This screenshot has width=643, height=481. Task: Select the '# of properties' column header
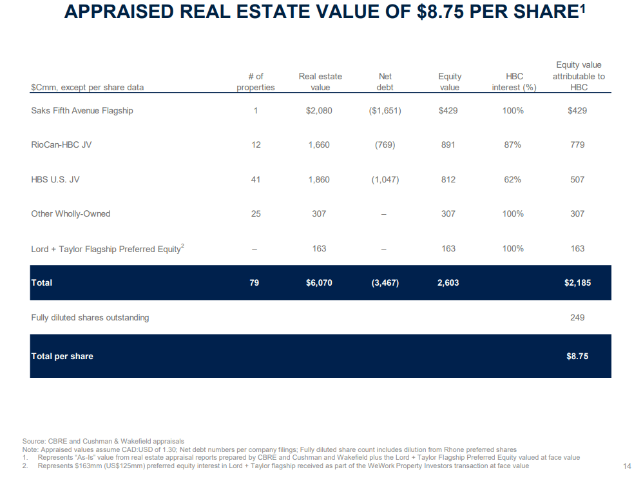256,82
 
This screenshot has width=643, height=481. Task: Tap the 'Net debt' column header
385,82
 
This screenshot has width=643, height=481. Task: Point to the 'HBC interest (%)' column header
513,82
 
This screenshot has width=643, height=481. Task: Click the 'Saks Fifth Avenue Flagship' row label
82,110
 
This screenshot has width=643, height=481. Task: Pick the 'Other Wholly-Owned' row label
70,214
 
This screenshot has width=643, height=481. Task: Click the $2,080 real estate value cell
319,110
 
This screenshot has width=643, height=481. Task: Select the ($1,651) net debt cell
385,110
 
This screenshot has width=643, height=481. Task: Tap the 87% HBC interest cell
513,145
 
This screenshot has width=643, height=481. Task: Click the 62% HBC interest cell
513,179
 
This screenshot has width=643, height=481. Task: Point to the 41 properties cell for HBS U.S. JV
256,179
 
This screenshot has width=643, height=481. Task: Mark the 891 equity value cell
448,145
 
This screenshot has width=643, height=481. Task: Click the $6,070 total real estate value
319,282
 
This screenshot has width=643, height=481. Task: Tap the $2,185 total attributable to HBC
577,282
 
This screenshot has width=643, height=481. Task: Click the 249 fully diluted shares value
577,317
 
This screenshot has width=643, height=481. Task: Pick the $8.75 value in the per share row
577,356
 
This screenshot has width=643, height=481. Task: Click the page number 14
628,466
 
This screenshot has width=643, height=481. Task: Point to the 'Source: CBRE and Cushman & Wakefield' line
103,442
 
